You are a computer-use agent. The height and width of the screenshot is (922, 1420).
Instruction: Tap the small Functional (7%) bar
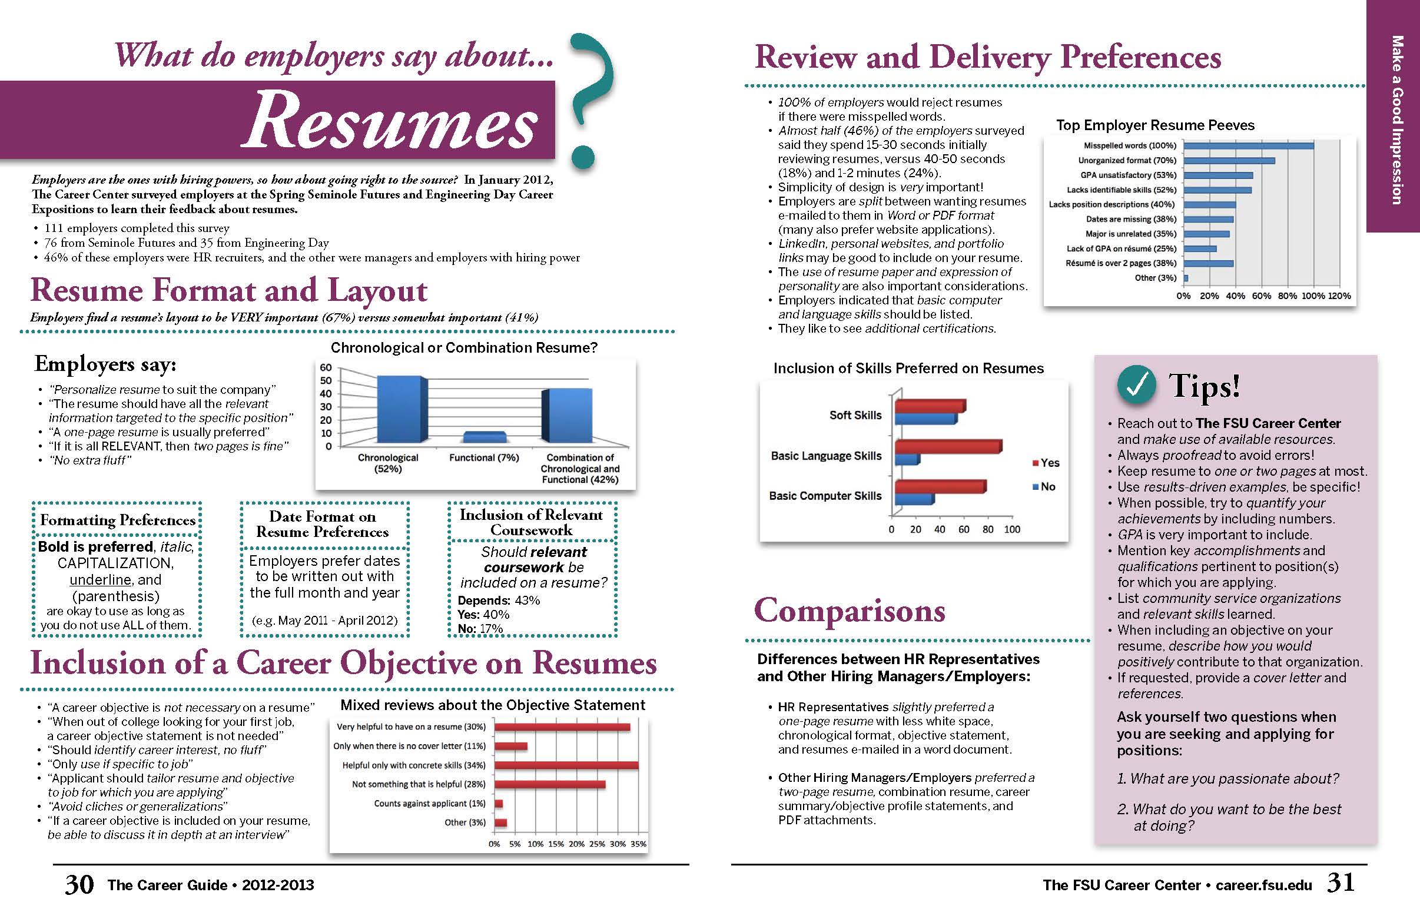coord(484,437)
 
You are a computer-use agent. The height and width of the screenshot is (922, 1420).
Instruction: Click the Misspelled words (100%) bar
coord(1248,145)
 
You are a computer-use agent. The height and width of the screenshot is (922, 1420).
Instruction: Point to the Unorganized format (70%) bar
coord(1229,161)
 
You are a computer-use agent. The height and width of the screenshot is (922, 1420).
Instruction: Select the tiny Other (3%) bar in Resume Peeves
coord(1186,278)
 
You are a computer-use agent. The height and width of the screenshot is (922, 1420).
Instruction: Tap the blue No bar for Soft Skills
coord(925,419)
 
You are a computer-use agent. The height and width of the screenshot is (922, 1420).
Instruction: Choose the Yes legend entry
coord(1046,463)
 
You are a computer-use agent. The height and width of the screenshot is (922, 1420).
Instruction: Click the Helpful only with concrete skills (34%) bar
coord(566,765)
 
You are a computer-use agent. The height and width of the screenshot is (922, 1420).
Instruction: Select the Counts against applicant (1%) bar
coord(499,803)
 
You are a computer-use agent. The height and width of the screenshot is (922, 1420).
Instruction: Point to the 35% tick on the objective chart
coord(638,844)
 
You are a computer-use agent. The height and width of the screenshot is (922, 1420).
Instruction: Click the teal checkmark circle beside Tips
coord(1137,385)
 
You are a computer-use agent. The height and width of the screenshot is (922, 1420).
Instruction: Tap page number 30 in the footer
coord(79,884)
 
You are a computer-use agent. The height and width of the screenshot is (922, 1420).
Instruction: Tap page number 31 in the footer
coord(1340,883)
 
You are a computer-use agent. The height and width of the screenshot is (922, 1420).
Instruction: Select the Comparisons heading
coord(850,611)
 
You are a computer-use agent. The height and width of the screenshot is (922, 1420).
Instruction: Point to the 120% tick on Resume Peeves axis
coord(1339,296)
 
